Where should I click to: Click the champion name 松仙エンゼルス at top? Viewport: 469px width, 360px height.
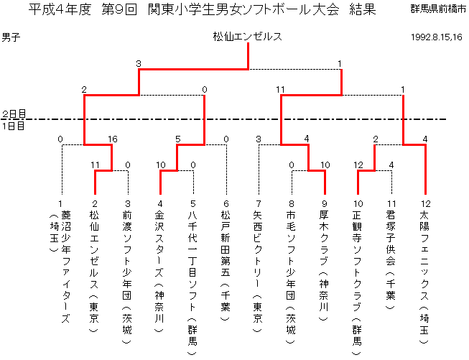pyautogui.click(x=247, y=37)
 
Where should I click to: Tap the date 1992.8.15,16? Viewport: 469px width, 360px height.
pyautogui.click(x=437, y=37)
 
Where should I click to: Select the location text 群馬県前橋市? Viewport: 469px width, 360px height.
pyautogui.click(x=438, y=9)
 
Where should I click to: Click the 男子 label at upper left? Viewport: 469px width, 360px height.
pyautogui.click(x=11, y=37)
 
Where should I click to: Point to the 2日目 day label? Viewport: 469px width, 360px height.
pyautogui.click(x=14, y=114)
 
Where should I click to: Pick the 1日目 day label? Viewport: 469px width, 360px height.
pyautogui.click(x=13, y=126)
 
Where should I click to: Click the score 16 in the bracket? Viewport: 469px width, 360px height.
pyautogui.click(x=113, y=139)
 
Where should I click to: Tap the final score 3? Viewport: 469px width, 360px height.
pyautogui.click(x=138, y=64)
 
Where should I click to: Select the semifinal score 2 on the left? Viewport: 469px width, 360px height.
pyautogui.click(x=84, y=90)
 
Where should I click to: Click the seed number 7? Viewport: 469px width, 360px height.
pyautogui.click(x=259, y=204)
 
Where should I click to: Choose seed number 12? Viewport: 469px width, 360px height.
pyautogui.click(x=425, y=204)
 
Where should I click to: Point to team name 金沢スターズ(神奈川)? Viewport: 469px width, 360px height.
pyautogui.click(x=159, y=271)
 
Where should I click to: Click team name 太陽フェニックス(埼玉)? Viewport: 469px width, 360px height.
pyautogui.click(x=424, y=277)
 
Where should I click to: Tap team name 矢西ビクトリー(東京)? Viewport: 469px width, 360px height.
pyautogui.click(x=258, y=271)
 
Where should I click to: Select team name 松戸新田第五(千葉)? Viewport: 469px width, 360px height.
pyautogui.click(x=226, y=265)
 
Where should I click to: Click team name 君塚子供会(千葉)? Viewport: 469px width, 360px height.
pyautogui.click(x=391, y=259)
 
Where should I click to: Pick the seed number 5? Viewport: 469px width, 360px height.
pyautogui.click(x=192, y=204)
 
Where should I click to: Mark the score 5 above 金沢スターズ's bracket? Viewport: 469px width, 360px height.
pyautogui.click(x=178, y=139)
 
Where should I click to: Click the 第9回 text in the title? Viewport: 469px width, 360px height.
pyautogui.click(x=119, y=10)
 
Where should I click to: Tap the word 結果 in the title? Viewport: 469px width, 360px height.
pyautogui.click(x=362, y=10)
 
